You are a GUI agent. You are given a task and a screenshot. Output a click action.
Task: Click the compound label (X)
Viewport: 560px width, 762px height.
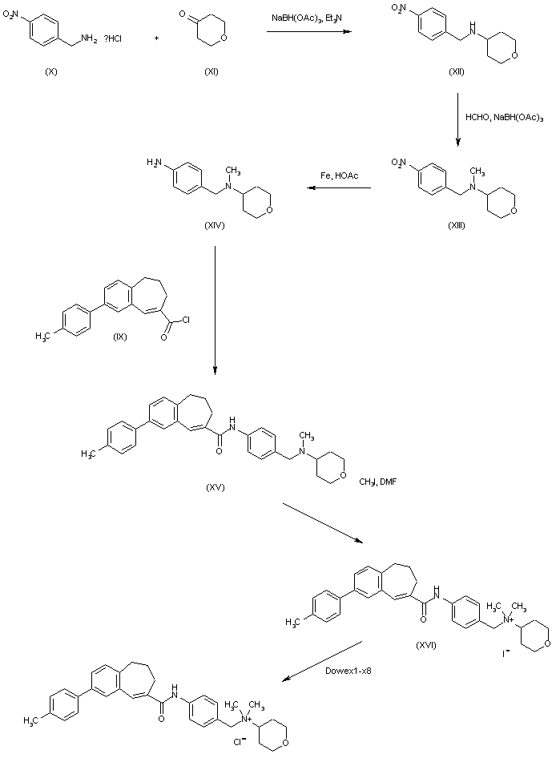pyautogui.click(x=52, y=72)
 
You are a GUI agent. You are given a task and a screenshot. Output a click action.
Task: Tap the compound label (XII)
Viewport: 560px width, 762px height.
pyautogui.click(x=458, y=73)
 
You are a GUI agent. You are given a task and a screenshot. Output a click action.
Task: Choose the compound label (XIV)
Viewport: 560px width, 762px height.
pyautogui.click(x=214, y=225)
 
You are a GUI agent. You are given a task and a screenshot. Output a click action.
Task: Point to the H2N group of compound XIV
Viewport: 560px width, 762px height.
pyautogui.click(x=155, y=163)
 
